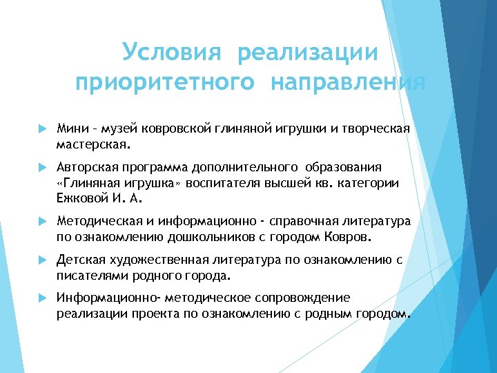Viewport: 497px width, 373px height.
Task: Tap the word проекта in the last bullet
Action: click(x=153, y=314)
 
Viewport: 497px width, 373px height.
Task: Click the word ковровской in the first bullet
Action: click(x=177, y=128)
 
